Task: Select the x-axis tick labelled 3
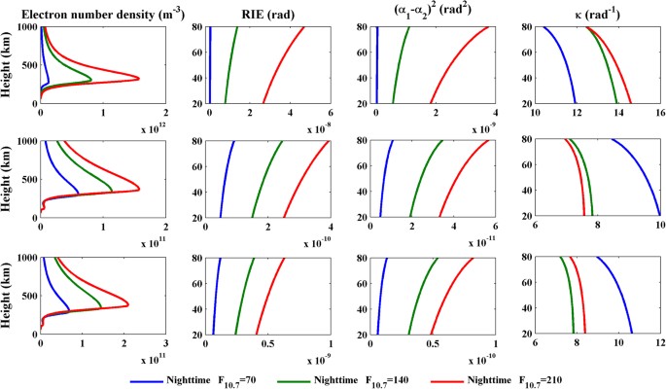point(165,345)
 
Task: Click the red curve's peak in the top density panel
point(137,78)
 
